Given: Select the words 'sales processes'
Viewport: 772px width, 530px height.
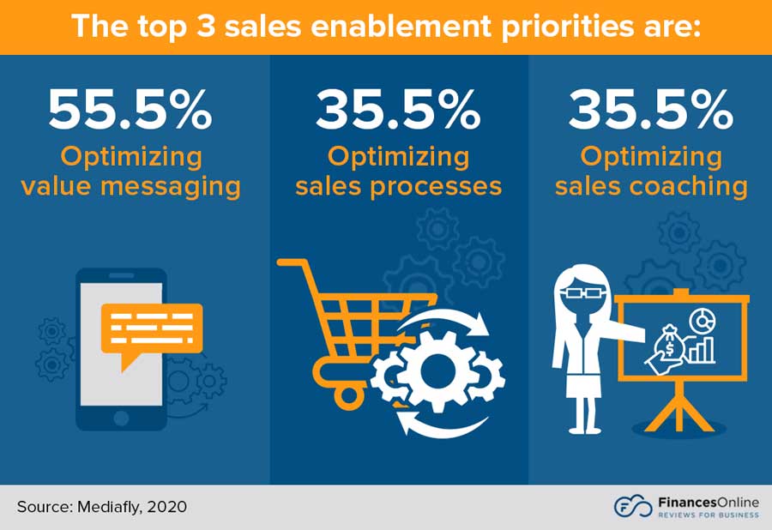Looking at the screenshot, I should (398, 186).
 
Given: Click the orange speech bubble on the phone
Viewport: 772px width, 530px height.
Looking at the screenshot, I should (150, 329).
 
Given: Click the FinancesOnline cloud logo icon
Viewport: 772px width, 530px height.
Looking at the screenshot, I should (630, 507).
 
